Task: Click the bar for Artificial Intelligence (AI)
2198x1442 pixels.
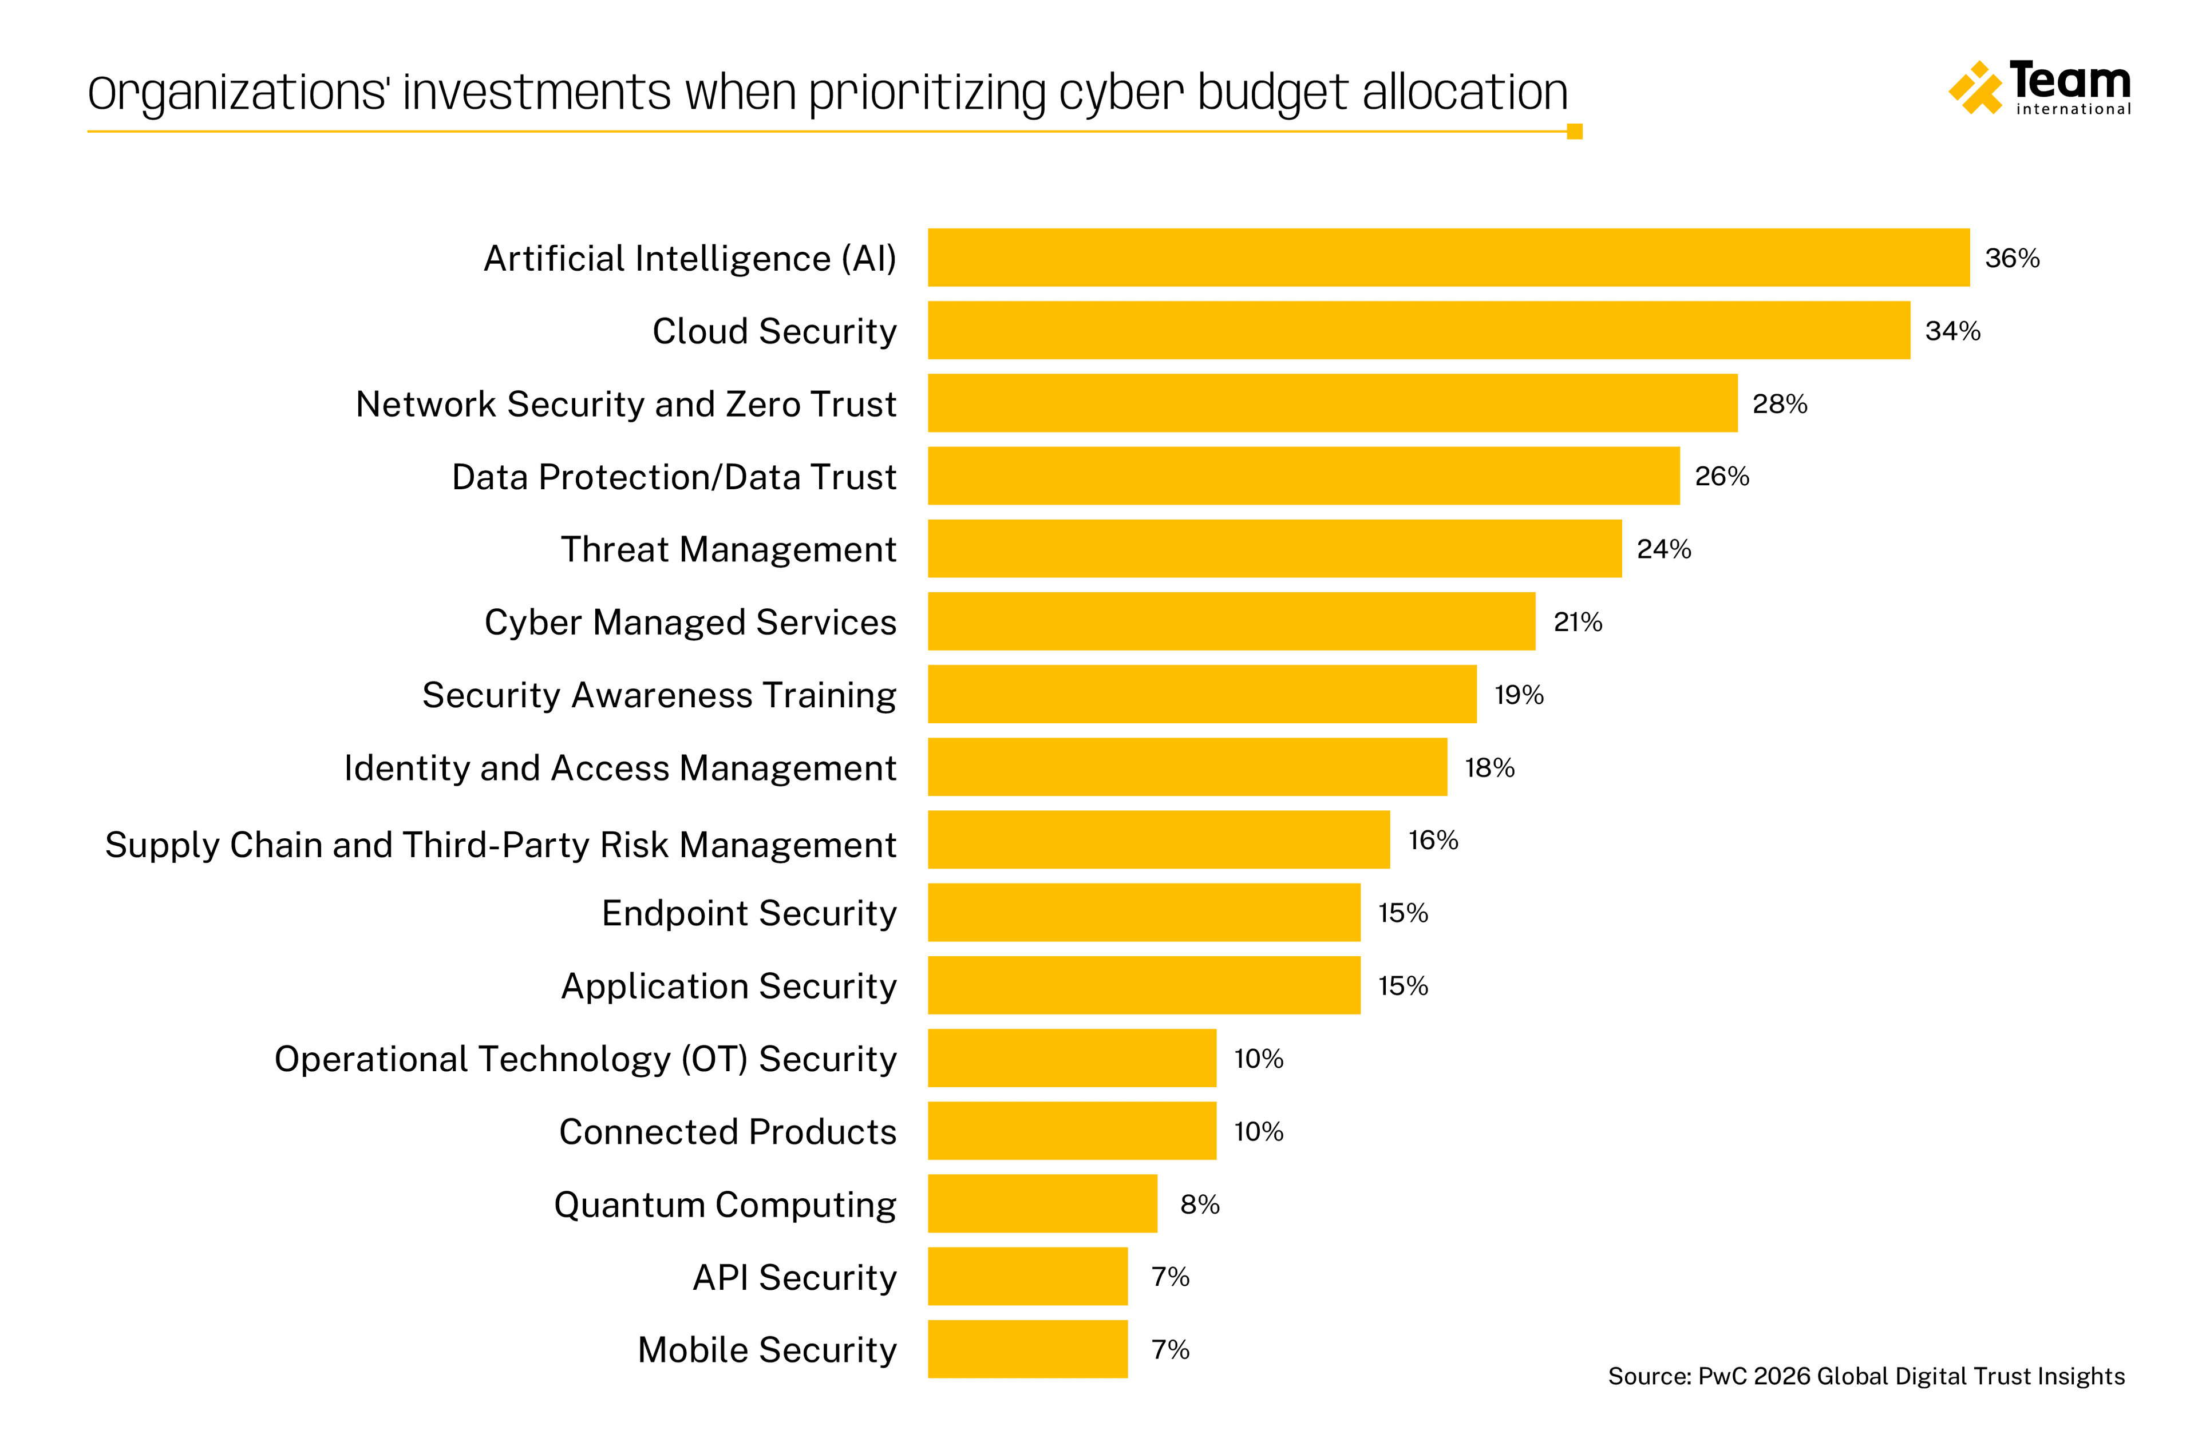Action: pos(1448,257)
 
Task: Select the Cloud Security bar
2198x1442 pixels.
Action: pos(1418,331)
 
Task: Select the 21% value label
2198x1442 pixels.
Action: pos(1578,622)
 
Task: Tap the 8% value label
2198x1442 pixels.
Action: pos(1200,1204)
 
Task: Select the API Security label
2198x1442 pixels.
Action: pos(794,1278)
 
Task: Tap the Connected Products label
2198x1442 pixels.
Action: pos(728,1132)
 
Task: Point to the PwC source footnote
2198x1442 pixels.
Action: pos(1865,1376)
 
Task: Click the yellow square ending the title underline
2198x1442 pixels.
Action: pos(1575,132)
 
